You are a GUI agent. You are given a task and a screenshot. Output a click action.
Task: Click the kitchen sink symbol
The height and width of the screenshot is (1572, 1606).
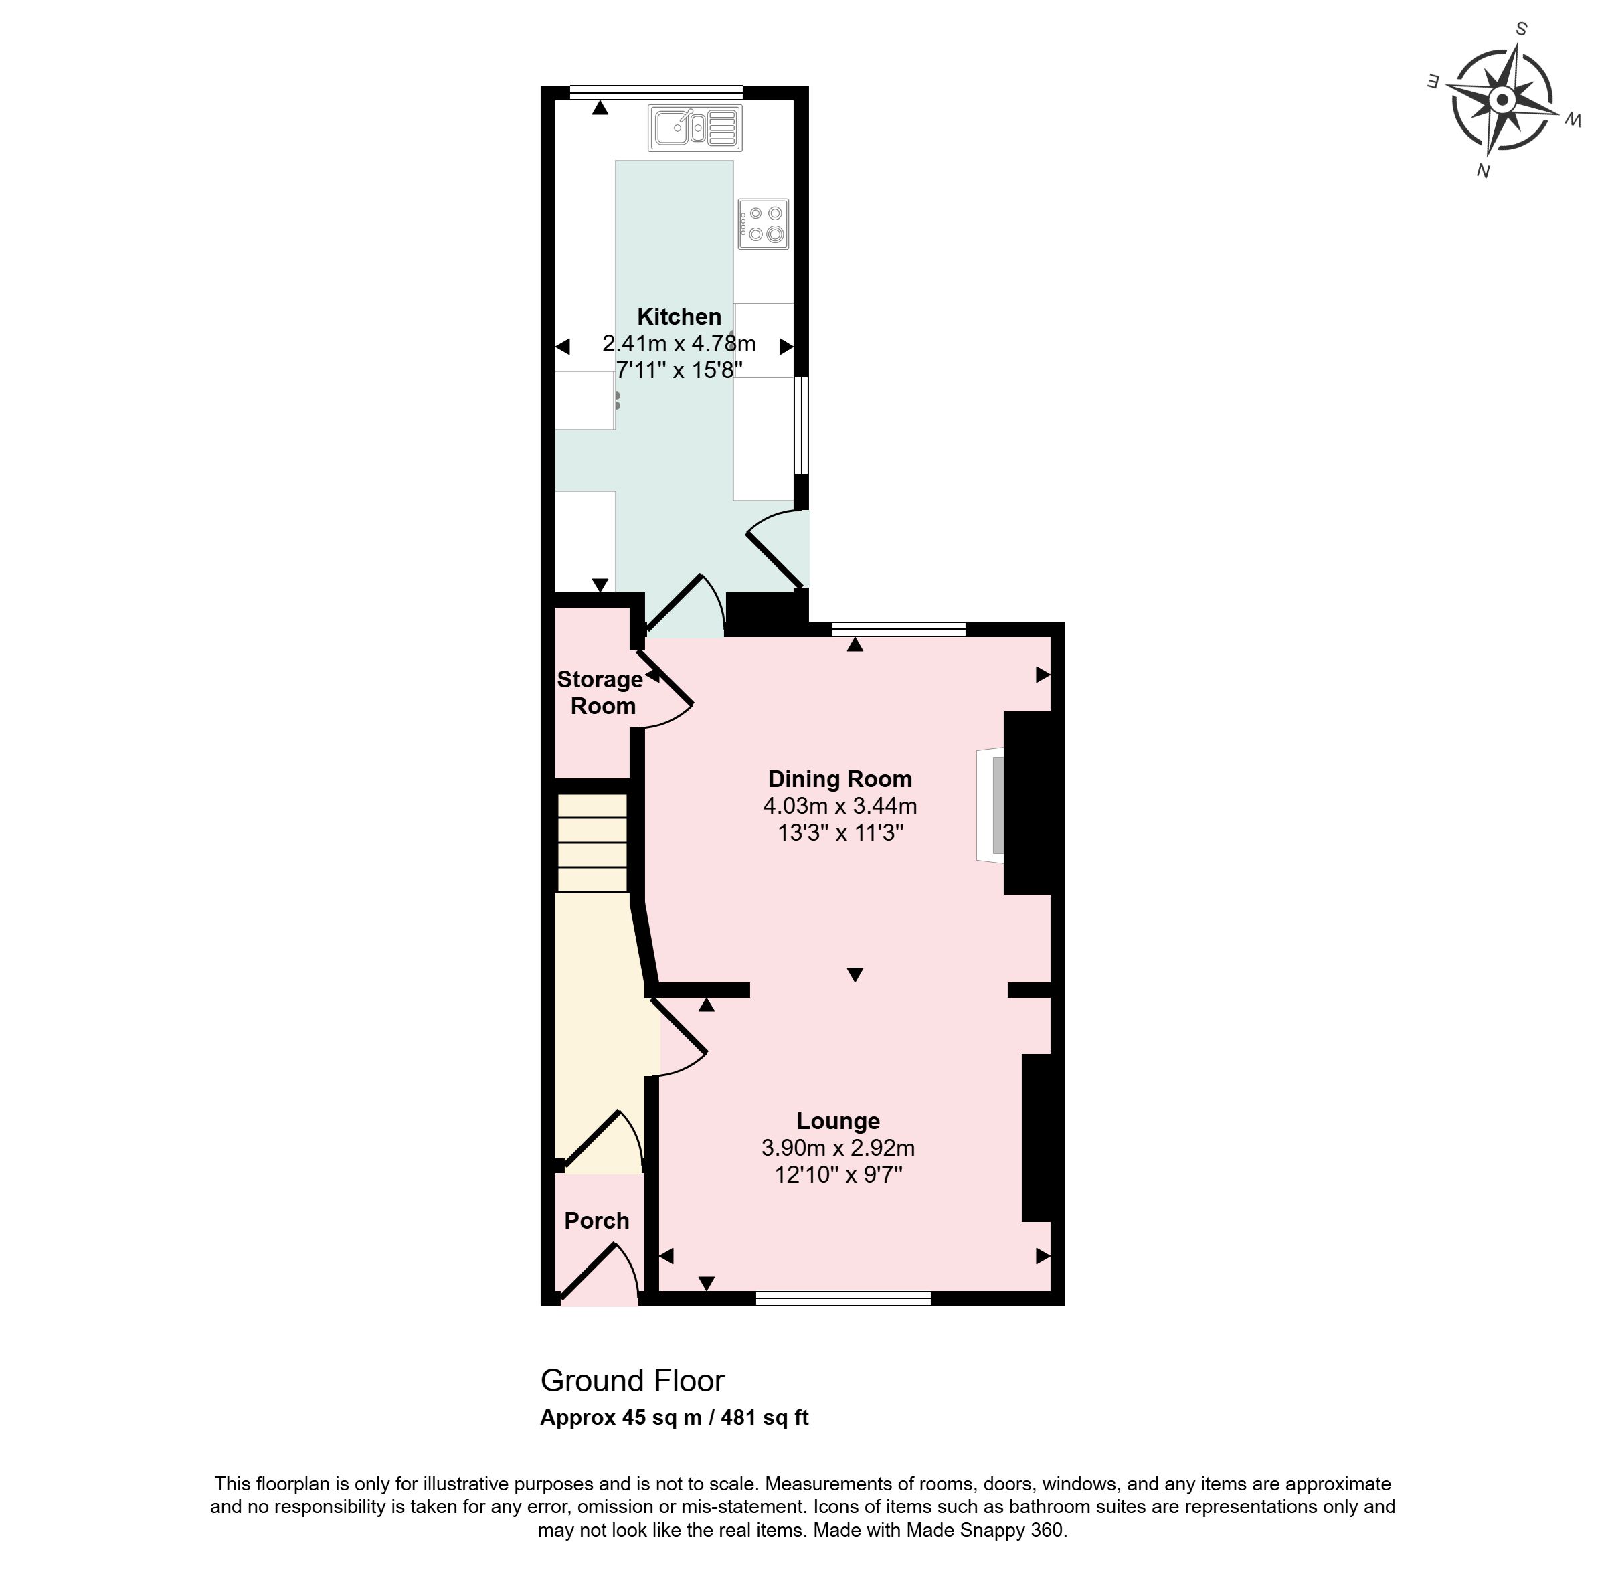point(695,127)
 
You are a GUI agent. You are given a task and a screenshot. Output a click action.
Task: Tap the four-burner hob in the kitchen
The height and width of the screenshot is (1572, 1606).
point(763,224)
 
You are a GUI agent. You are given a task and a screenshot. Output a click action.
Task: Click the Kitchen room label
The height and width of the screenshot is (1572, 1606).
point(679,317)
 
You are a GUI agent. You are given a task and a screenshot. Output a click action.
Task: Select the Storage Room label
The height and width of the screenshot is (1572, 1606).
point(600,693)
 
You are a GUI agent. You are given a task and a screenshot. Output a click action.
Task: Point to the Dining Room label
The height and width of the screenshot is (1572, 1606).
point(840,778)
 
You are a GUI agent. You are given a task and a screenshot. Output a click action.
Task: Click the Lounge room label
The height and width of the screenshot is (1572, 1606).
point(838,1120)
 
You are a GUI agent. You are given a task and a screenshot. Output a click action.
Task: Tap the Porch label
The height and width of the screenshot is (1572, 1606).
point(596,1220)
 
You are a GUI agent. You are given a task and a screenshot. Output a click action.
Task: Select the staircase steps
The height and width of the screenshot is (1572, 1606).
point(592,843)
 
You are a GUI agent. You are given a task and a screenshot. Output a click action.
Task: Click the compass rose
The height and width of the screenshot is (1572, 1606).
point(1502,101)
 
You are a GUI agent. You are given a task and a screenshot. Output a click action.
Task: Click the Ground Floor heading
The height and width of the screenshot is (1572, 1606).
point(632,1380)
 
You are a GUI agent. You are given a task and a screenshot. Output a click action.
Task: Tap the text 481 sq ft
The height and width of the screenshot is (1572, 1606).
point(765,1417)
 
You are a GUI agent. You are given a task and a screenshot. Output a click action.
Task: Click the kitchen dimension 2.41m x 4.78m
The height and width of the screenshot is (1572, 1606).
point(679,343)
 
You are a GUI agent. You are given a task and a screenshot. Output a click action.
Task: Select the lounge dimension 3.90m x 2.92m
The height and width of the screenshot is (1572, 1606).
point(838,1148)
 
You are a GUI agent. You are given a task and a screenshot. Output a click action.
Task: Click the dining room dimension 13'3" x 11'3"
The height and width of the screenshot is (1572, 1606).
point(840,833)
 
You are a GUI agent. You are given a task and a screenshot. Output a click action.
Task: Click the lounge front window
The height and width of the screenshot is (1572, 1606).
point(843,1299)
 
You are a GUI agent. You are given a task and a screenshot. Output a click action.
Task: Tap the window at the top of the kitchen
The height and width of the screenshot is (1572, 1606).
point(656,92)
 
